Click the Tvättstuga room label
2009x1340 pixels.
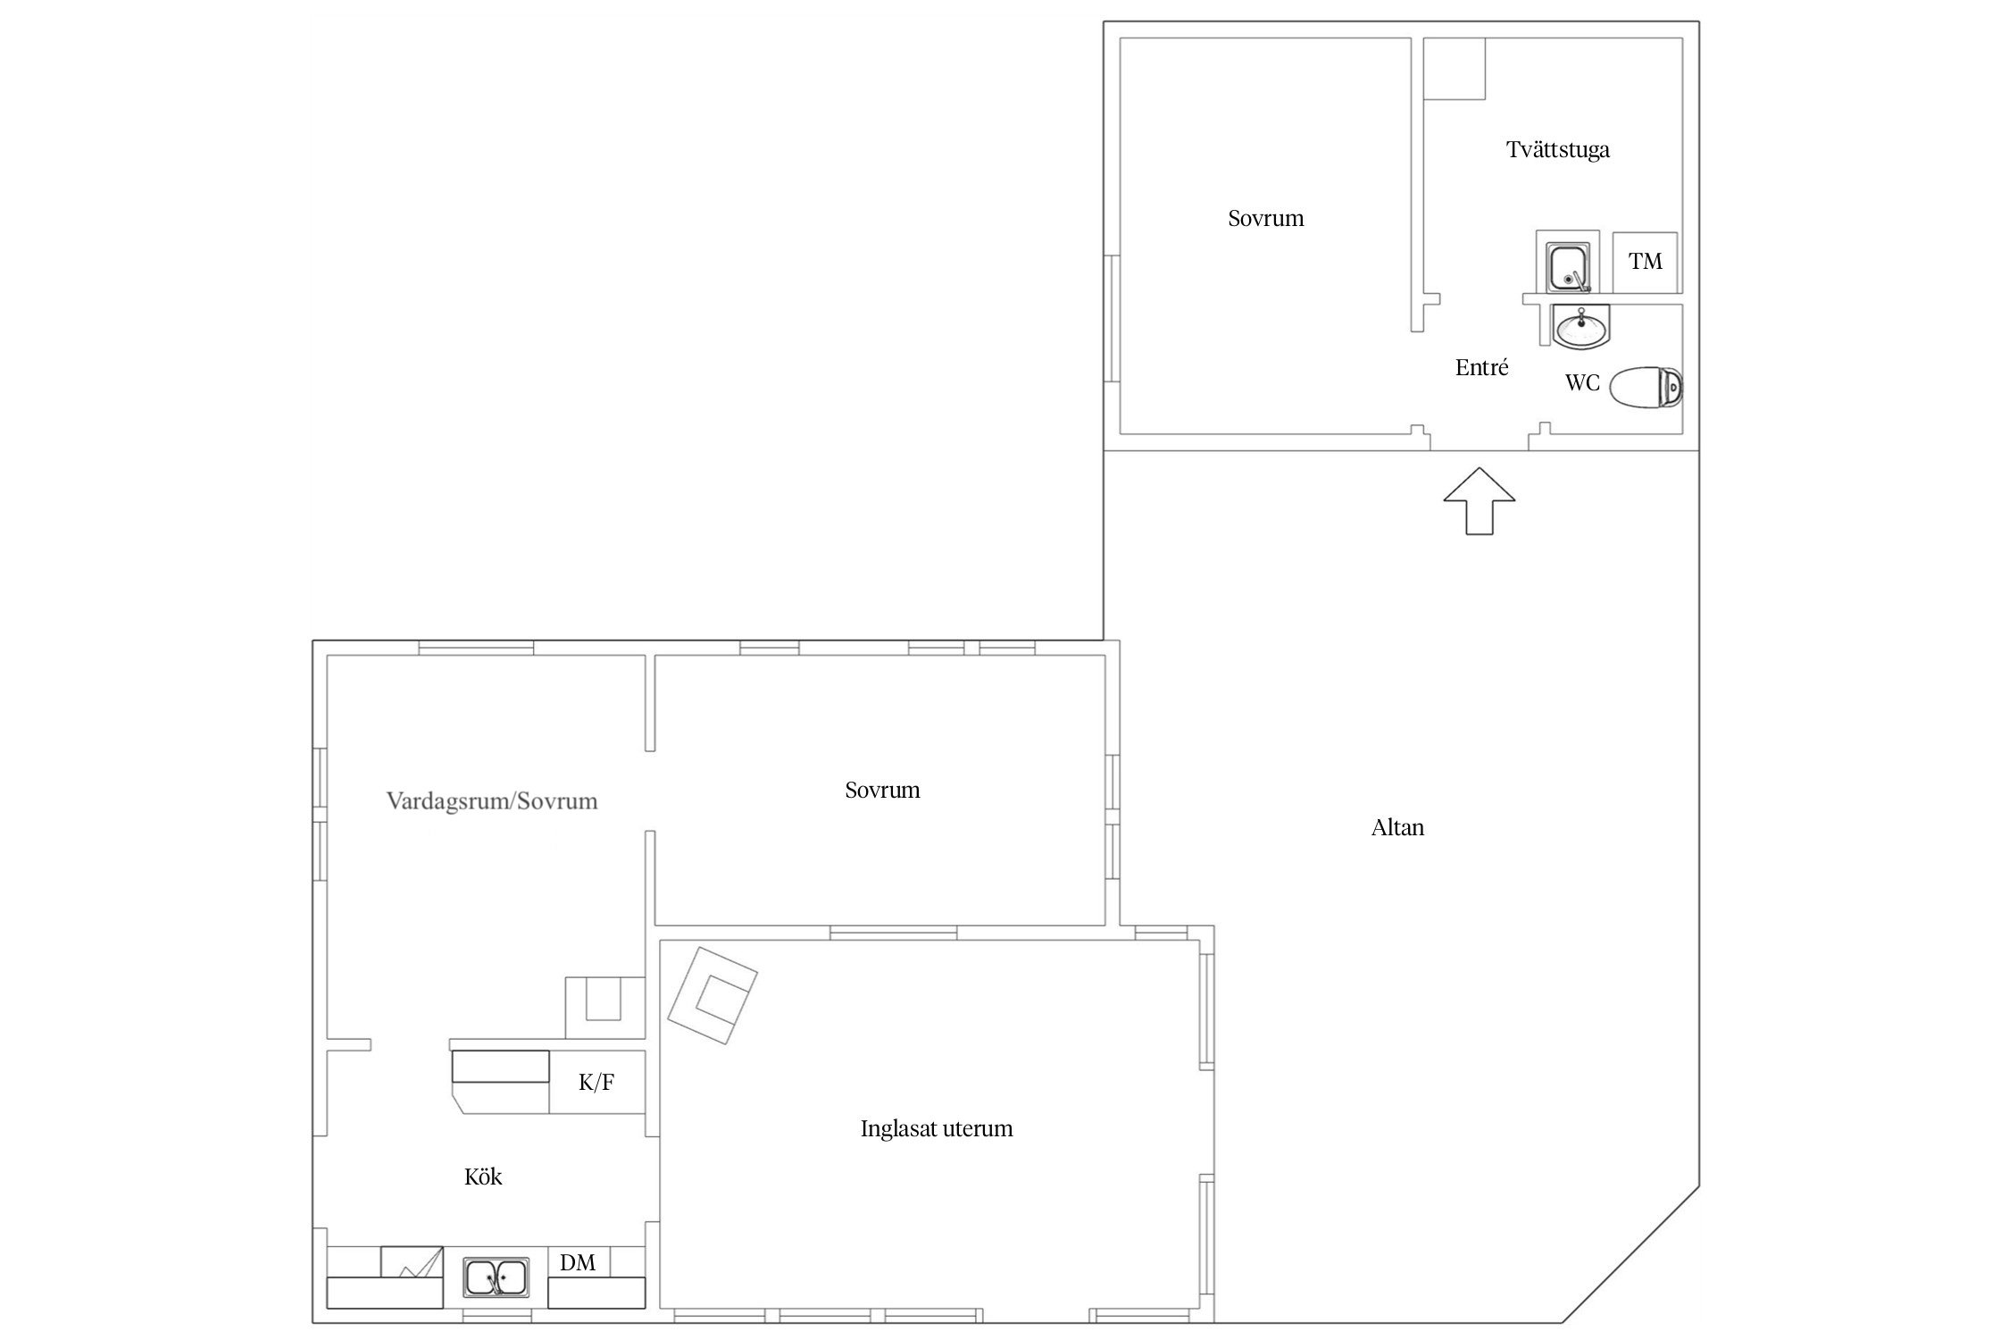[x=1557, y=150]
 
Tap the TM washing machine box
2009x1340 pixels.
[x=1645, y=263]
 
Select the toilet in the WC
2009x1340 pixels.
[x=1646, y=387]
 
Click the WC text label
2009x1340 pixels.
[x=1581, y=383]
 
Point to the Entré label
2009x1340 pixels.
[x=1481, y=367]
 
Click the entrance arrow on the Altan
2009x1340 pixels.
[x=1480, y=501]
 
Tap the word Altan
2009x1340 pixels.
[x=1397, y=827]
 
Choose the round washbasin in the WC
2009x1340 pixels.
[x=1582, y=326]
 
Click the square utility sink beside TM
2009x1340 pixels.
[x=1569, y=268]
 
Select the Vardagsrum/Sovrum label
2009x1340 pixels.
[x=492, y=800]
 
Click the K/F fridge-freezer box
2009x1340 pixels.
[x=596, y=1083]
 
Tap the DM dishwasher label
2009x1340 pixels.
[x=578, y=1262]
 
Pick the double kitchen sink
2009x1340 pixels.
[x=496, y=1277]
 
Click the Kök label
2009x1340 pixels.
[x=483, y=1177]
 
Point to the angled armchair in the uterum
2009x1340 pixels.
[x=713, y=995]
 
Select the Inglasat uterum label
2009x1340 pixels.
[x=937, y=1129]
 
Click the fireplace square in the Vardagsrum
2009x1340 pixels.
[x=604, y=1008]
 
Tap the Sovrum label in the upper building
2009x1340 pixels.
[x=1265, y=219]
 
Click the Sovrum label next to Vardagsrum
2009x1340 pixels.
[x=882, y=790]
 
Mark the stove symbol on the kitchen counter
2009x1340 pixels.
[x=412, y=1262]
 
